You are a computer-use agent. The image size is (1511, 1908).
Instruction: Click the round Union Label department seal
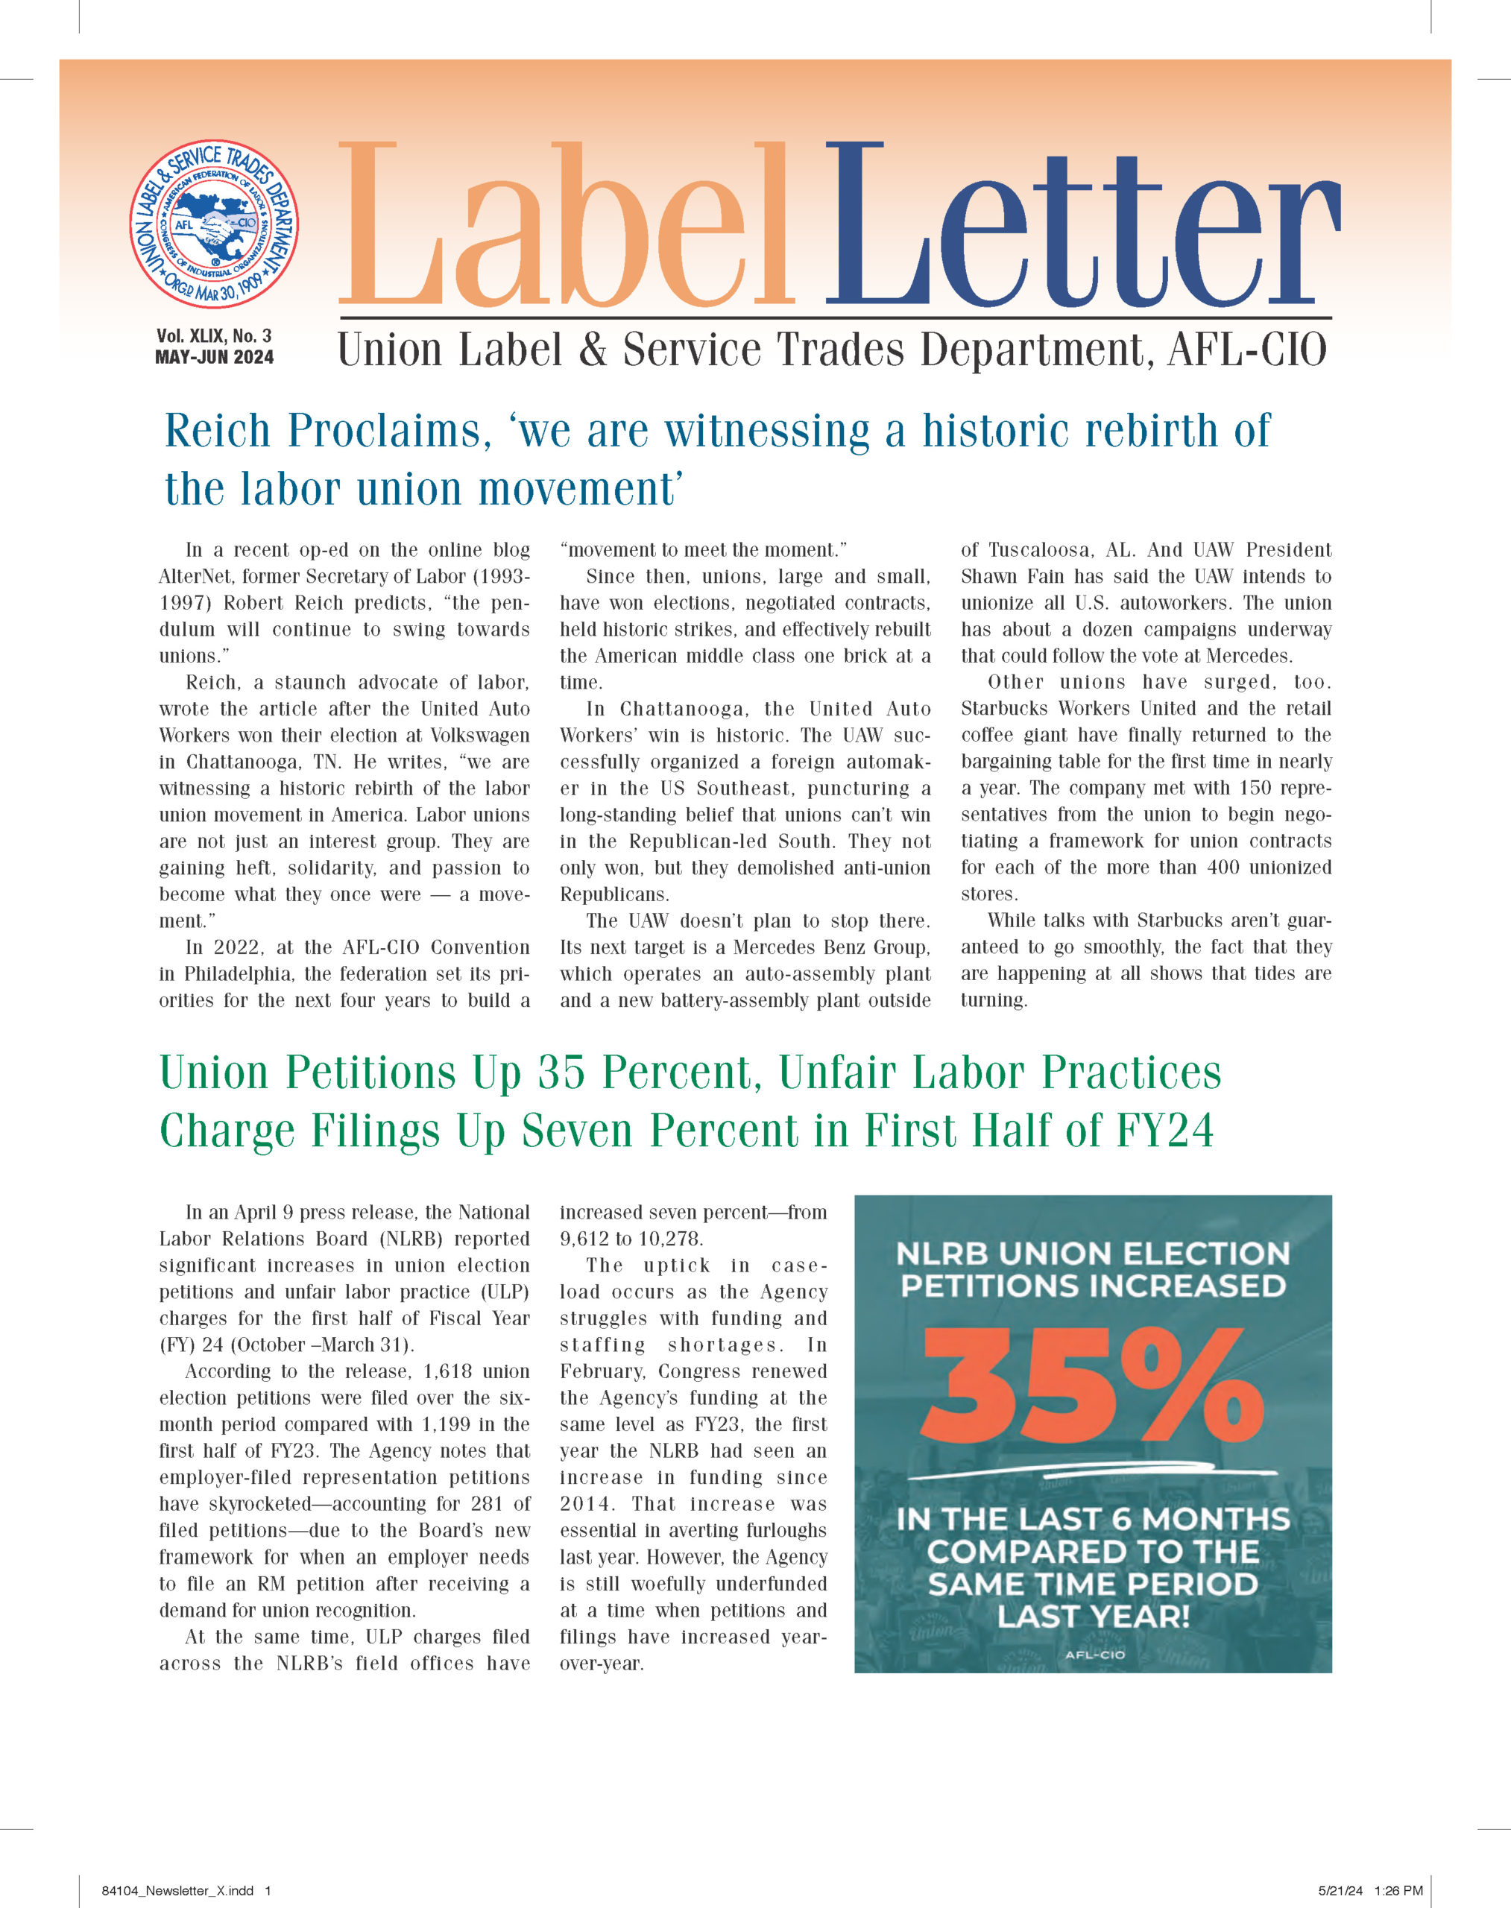(x=214, y=224)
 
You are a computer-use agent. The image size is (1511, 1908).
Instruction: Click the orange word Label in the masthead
(x=567, y=226)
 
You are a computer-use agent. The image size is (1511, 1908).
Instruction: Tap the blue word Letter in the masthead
(x=1081, y=226)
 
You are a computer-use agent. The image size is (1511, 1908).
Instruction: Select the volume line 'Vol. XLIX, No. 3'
(x=214, y=336)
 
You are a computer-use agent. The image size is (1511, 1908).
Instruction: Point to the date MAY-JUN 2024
(x=214, y=357)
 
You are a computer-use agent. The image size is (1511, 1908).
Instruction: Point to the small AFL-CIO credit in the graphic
(x=1095, y=1654)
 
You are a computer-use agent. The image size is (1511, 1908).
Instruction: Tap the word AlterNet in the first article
(x=195, y=577)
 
